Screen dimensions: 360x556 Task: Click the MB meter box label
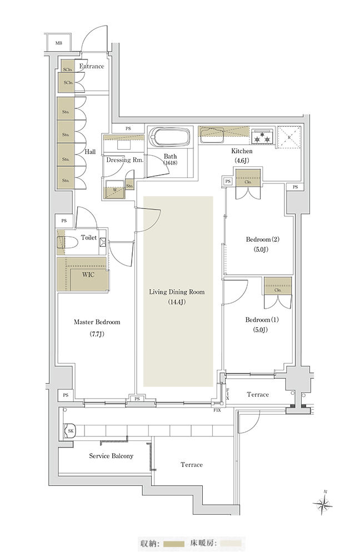(x=58, y=43)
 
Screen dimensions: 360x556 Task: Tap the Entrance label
(x=92, y=66)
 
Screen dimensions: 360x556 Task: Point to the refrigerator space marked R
(x=289, y=136)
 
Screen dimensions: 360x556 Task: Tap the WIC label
(x=88, y=275)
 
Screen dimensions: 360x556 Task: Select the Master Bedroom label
(x=97, y=322)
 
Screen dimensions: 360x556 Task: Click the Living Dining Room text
(x=177, y=292)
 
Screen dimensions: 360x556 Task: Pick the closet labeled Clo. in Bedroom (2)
(x=248, y=177)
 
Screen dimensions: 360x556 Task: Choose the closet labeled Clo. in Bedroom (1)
(x=278, y=286)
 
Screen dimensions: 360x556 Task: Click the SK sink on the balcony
(x=70, y=431)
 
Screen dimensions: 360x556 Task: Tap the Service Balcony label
(x=111, y=456)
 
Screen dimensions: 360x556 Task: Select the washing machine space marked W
(x=114, y=189)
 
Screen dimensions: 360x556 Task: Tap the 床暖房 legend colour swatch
(x=231, y=544)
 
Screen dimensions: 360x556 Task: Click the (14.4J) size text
(x=177, y=302)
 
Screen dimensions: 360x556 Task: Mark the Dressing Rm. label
(x=125, y=160)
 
